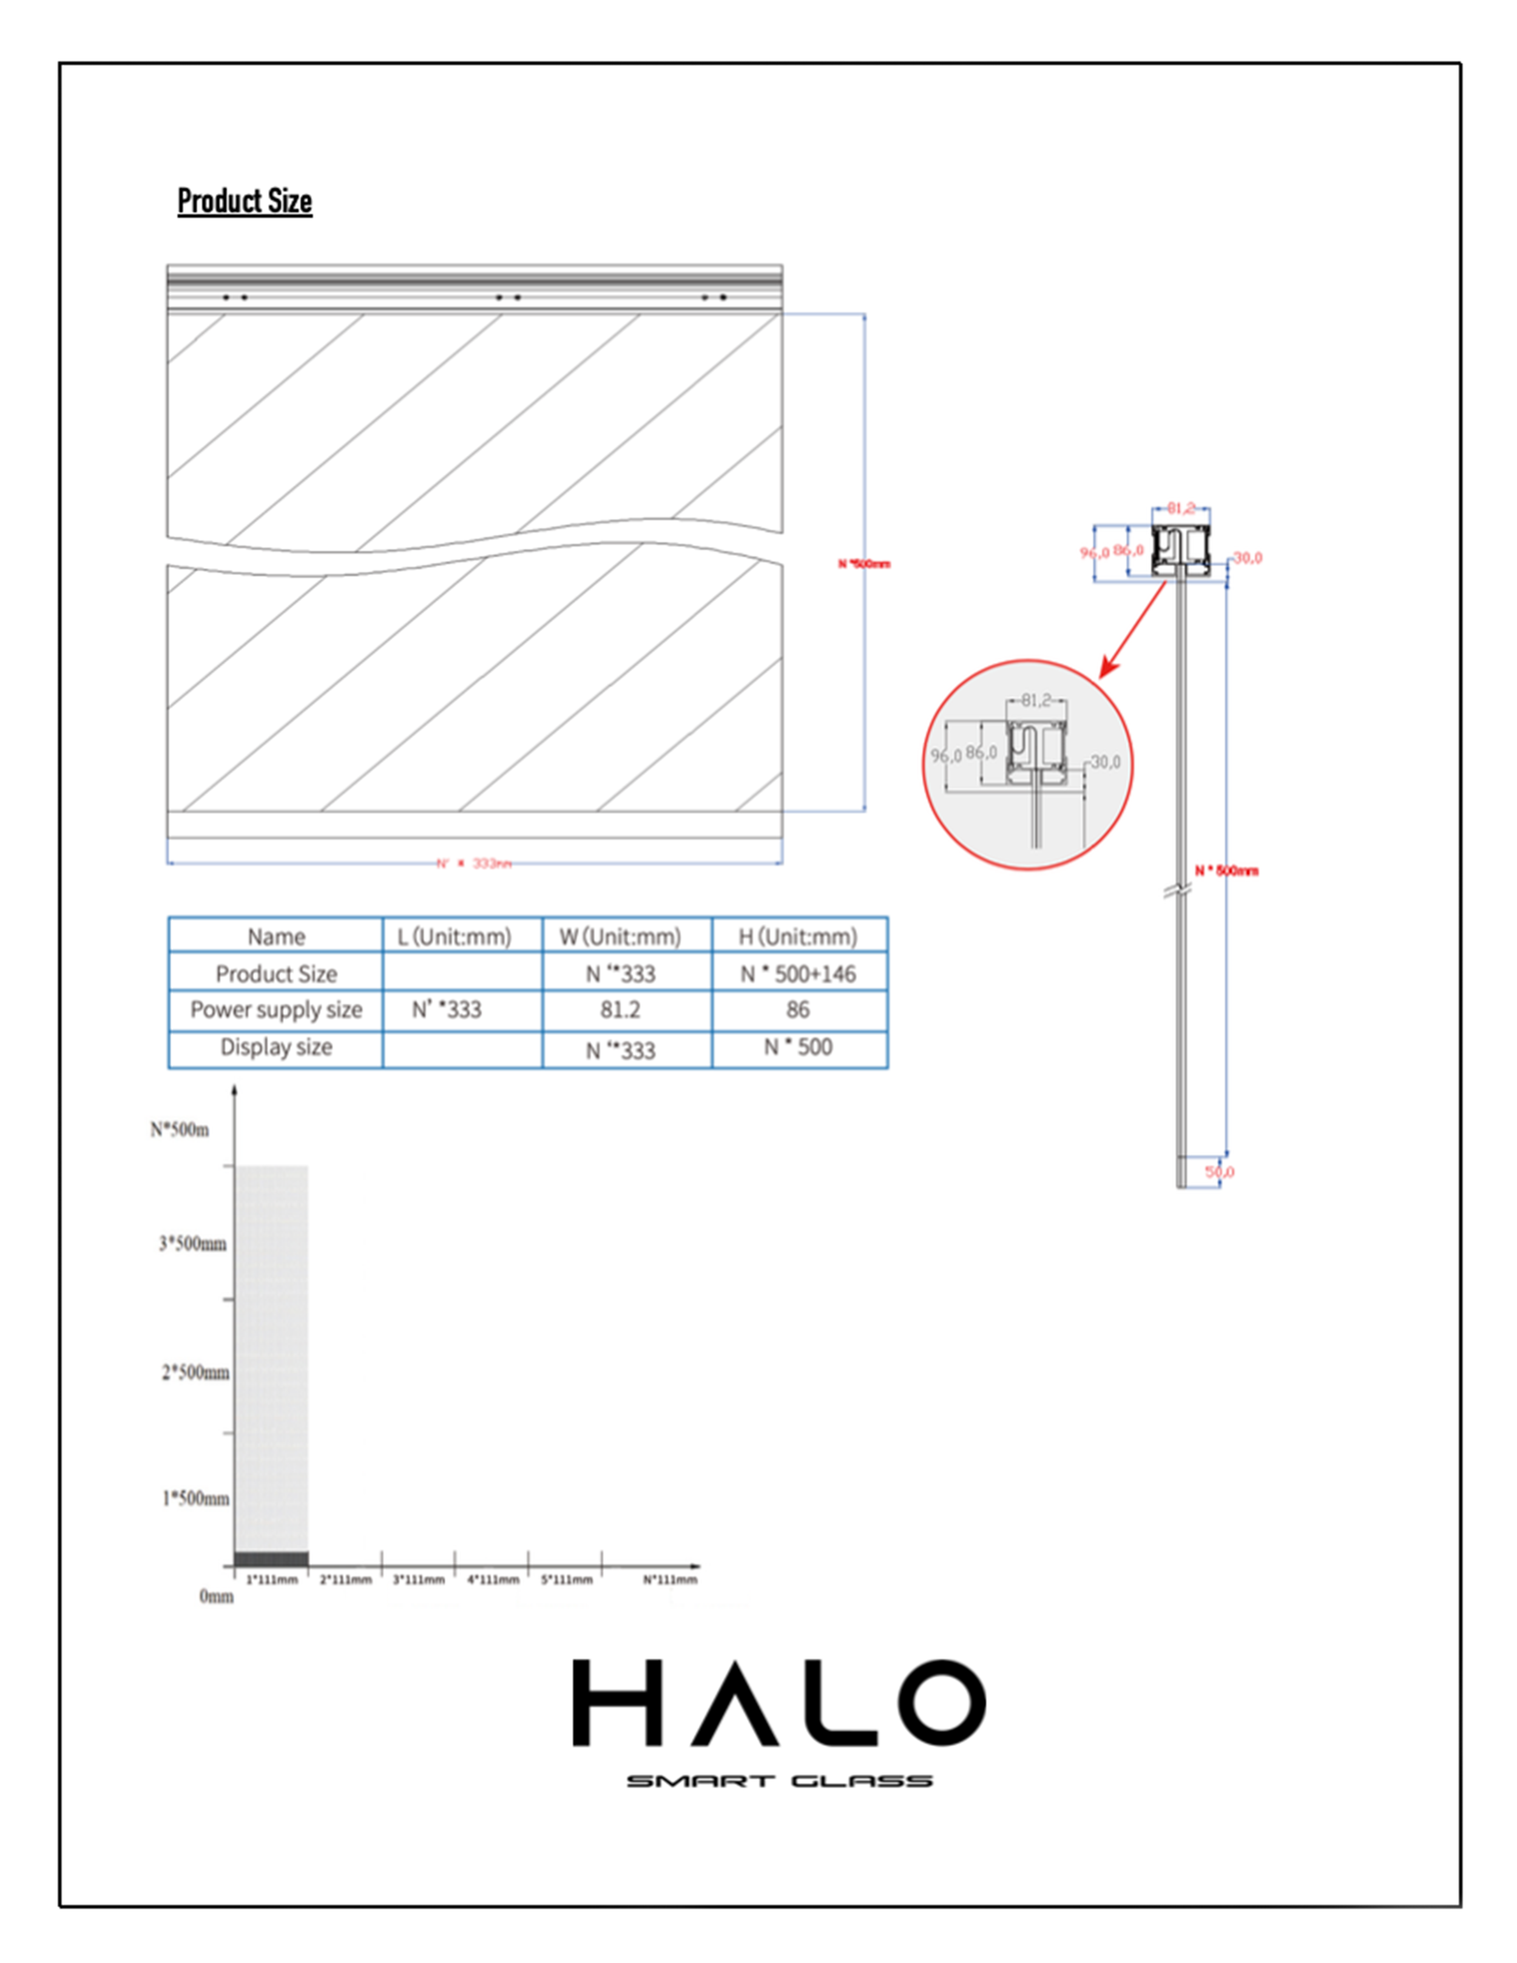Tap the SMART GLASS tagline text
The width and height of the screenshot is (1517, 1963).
(779, 1780)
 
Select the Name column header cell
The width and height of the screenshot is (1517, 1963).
(276, 936)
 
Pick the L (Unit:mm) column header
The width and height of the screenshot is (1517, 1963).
(454, 936)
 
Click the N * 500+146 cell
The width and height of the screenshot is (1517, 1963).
(798, 973)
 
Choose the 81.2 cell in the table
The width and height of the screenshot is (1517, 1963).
(620, 1009)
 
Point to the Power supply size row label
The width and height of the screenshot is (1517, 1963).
(276, 1009)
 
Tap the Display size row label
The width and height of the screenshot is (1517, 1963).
(276, 1047)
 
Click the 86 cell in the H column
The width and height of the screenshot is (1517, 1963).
(798, 1009)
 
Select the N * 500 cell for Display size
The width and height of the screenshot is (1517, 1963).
(798, 1047)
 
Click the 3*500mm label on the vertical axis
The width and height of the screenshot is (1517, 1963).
(192, 1244)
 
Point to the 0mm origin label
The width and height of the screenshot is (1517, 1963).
(215, 1596)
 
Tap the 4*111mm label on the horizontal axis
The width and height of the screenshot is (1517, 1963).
(493, 1580)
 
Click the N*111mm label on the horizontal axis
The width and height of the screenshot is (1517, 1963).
(669, 1580)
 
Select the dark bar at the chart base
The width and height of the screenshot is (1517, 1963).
(271, 1558)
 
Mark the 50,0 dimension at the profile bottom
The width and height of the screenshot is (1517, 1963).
(1220, 1172)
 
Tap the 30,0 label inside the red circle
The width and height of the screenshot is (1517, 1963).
(1106, 762)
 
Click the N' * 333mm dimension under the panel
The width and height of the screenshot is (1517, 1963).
(475, 863)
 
